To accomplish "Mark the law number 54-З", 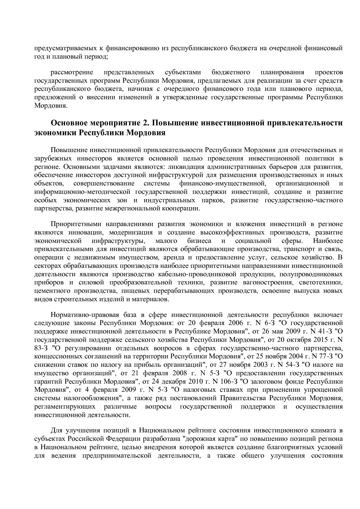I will [291, 364].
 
